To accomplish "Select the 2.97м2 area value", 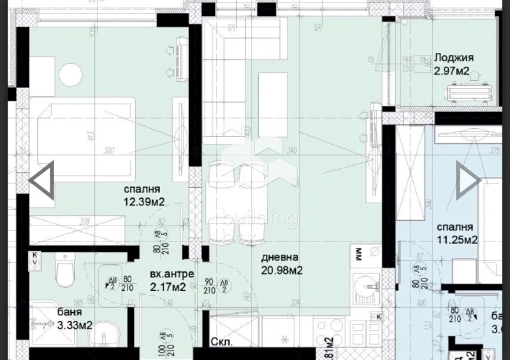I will click(x=451, y=71).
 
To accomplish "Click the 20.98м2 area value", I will click(x=281, y=270).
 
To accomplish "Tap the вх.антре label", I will click(x=168, y=275).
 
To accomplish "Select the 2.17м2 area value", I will click(x=168, y=287).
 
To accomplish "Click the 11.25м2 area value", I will click(x=457, y=240).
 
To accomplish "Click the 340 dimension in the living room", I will click(x=292, y=151).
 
